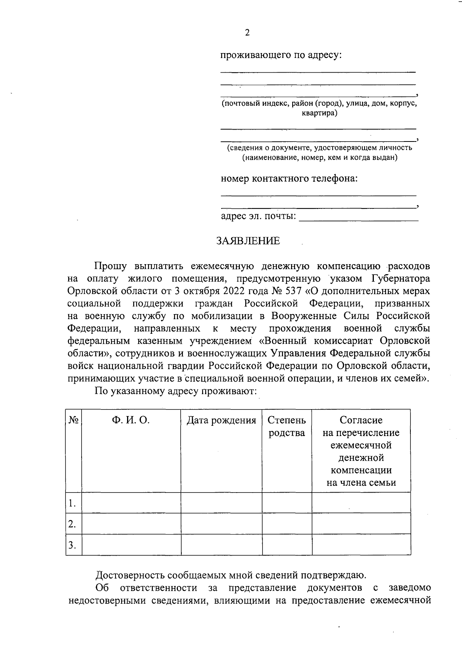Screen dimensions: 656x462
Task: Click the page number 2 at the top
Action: tap(247, 33)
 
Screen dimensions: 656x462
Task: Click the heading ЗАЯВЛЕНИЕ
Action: tap(248, 241)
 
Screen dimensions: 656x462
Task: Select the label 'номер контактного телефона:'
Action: tap(289, 179)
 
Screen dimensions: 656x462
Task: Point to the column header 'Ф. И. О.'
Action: tap(131, 420)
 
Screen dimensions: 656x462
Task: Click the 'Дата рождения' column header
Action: tap(221, 420)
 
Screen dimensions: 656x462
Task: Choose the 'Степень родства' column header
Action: tap(287, 426)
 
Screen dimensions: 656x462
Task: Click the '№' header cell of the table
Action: tap(74, 420)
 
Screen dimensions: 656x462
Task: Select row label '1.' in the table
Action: tap(72, 503)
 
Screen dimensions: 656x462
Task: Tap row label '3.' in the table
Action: tap(72, 545)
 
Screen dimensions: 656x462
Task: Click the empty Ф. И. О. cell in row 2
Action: tap(131, 524)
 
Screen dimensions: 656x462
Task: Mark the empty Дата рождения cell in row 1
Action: tap(221, 503)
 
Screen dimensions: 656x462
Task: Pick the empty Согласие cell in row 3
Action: tap(361, 544)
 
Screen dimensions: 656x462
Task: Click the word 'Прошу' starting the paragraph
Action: tap(111, 266)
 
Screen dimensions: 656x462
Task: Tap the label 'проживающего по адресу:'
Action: tap(281, 55)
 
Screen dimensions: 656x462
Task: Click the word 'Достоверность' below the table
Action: tap(129, 575)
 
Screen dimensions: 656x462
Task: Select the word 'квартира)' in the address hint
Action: tap(319, 113)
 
